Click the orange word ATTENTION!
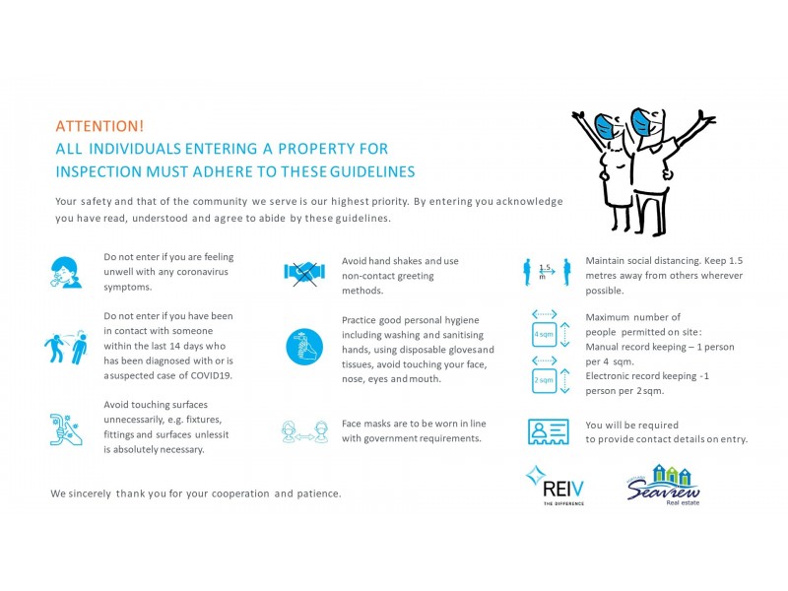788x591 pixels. click(99, 126)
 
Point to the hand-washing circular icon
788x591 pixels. click(303, 347)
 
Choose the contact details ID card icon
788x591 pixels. click(549, 431)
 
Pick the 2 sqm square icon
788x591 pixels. click(544, 378)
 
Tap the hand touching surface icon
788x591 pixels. click(66, 429)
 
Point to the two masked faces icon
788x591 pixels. click(303, 430)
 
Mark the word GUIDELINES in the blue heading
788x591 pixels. click(371, 172)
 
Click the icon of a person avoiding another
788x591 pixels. click(66, 347)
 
